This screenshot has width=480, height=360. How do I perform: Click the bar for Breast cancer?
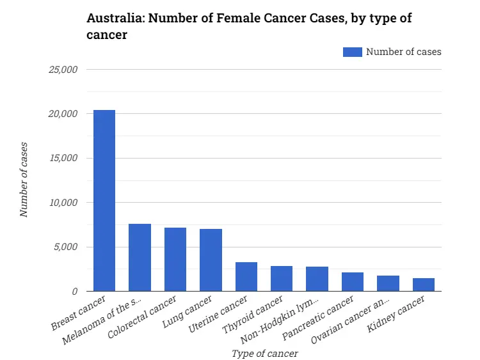coord(104,201)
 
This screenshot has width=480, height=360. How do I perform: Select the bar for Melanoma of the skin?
coord(140,258)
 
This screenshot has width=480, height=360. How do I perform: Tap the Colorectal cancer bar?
coord(175,260)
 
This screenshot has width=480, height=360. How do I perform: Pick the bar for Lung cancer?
coord(211,260)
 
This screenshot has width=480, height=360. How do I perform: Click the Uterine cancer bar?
coord(246,277)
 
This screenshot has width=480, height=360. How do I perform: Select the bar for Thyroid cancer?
coord(282,279)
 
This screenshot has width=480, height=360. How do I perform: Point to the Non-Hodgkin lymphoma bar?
coord(317,279)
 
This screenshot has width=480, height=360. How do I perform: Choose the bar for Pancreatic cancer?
coord(353,282)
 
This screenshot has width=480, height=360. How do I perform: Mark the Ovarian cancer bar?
coord(388,283)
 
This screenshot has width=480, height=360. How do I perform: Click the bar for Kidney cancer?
coord(424,285)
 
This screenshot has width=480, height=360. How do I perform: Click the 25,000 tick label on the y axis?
coord(63,70)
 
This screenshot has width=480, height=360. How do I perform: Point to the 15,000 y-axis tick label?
coord(63,158)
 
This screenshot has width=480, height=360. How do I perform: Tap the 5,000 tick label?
coord(65,247)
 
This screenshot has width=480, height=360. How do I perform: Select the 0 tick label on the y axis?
coord(74,292)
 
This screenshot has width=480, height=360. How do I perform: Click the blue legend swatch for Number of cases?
coord(352,52)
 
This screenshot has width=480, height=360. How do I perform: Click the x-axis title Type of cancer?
coord(264,352)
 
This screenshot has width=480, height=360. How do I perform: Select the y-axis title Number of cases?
coord(24,180)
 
